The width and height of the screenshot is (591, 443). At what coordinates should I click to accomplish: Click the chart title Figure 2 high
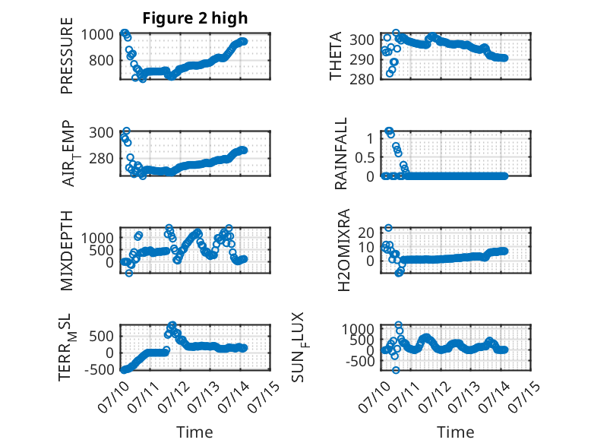pyautogui.click(x=195, y=17)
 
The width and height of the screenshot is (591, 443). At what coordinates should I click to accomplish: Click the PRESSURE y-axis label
pyautogui.click(x=66, y=55)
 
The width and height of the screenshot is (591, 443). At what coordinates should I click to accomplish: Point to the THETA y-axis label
pyautogui.click(x=336, y=55)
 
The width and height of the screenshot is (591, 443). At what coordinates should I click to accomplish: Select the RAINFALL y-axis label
pyautogui.click(x=341, y=153)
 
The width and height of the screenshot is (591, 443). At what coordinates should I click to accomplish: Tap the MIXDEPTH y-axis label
pyautogui.click(x=66, y=251)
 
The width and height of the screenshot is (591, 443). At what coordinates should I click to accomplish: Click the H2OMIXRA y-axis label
pyautogui.click(x=344, y=250)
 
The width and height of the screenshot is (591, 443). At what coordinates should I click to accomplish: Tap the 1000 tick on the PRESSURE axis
pyautogui.click(x=97, y=35)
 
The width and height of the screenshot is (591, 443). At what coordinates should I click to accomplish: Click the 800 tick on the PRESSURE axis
pyautogui.click(x=101, y=60)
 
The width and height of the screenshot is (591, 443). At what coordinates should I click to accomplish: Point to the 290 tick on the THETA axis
pyautogui.click(x=362, y=59)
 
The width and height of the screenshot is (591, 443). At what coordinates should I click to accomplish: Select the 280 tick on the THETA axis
pyautogui.click(x=362, y=79)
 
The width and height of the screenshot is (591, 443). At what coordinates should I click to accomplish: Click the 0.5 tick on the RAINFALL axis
pyautogui.click(x=365, y=157)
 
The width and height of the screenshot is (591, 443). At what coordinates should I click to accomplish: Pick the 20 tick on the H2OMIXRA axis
pyautogui.click(x=365, y=233)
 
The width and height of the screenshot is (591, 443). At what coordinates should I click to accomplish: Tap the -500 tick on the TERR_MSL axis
pyautogui.click(x=99, y=370)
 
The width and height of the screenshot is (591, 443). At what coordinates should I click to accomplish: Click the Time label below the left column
pyautogui.click(x=195, y=432)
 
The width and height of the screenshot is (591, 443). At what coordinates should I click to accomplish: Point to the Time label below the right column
pyautogui.click(x=455, y=432)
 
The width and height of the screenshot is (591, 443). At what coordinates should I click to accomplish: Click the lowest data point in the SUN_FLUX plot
pyautogui.click(x=395, y=370)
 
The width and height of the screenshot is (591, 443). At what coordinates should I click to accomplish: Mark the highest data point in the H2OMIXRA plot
pyautogui.click(x=388, y=228)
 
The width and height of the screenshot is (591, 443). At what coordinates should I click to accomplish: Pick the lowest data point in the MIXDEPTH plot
pyautogui.click(x=129, y=273)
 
